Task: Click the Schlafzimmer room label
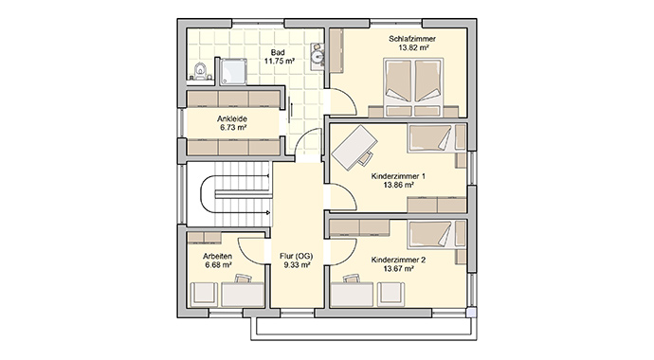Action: coord(412,39)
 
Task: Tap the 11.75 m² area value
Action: coord(280,61)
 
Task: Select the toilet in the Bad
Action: coord(201,71)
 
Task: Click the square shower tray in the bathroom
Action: coord(233,71)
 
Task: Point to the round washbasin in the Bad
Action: coord(318,56)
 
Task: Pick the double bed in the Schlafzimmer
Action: coord(413,87)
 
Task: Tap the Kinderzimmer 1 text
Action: coord(398,176)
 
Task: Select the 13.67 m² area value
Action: coord(399,269)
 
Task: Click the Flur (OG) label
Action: coord(296,256)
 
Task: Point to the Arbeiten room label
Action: coord(217,256)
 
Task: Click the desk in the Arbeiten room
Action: coord(243,295)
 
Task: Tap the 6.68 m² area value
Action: coord(219,264)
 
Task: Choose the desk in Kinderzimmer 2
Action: coord(352,295)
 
